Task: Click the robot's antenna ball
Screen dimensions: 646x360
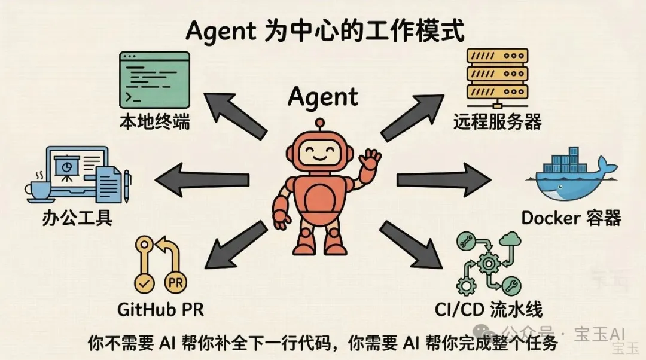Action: (x=319, y=123)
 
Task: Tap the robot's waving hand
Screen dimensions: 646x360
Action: (x=370, y=159)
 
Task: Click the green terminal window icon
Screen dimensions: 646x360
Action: (x=154, y=80)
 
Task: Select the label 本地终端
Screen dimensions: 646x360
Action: (x=154, y=123)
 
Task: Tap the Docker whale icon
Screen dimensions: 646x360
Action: (x=571, y=176)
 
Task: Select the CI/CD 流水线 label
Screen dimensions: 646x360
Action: (x=489, y=310)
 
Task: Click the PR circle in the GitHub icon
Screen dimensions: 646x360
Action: (x=176, y=283)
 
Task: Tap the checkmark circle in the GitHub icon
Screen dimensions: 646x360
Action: (x=145, y=283)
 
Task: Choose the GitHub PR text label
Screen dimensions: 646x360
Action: (x=160, y=309)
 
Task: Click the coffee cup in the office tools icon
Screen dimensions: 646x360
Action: (x=39, y=190)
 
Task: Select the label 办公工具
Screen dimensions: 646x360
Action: (x=77, y=218)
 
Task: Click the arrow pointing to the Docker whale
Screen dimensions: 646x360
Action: (x=444, y=179)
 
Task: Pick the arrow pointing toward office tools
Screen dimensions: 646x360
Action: (x=202, y=179)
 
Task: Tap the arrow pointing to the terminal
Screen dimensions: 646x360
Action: (x=235, y=116)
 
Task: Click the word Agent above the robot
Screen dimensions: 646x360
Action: (x=323, y=97)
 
